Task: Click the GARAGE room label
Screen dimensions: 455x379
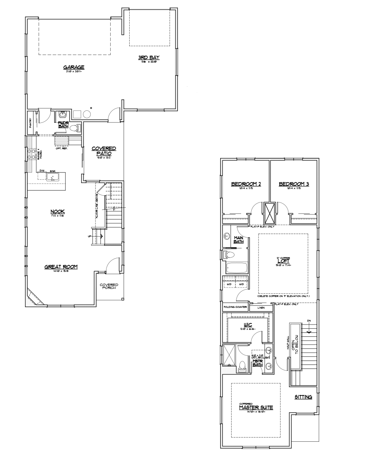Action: pos(74,68)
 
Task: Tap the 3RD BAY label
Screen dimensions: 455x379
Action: pos(149,58)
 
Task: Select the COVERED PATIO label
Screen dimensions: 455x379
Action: pos(104,151)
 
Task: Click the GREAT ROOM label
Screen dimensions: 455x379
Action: pos(61,267)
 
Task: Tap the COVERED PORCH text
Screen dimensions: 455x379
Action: pos(109,287)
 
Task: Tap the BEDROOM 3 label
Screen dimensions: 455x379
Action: pos(294,184)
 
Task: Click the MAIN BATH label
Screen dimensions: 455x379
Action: pos(238,240)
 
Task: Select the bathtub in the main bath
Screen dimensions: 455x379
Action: pos(236,268)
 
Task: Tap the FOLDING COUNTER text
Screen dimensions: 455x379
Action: pos(235,307)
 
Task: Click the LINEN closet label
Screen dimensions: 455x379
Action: pos(261,308)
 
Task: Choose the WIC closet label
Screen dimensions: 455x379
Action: pos(248,325)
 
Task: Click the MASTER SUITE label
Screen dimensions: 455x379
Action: pos(256,408)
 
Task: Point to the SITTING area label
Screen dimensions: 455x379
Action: pos(303,397)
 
